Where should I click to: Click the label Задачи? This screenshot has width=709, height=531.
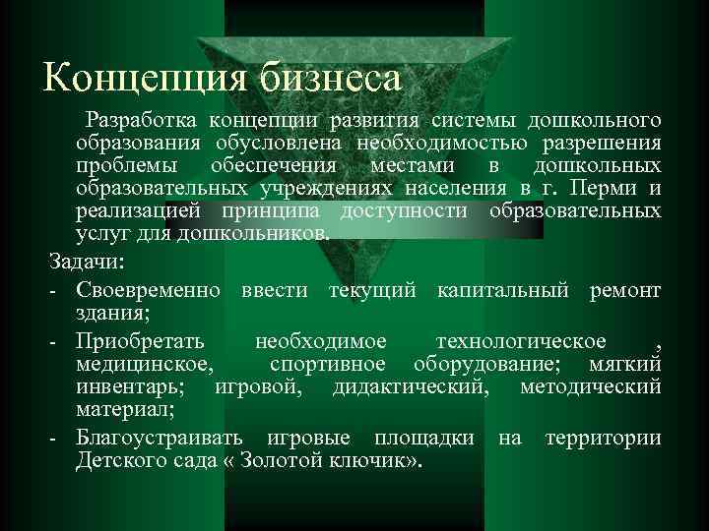click(87, 264)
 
